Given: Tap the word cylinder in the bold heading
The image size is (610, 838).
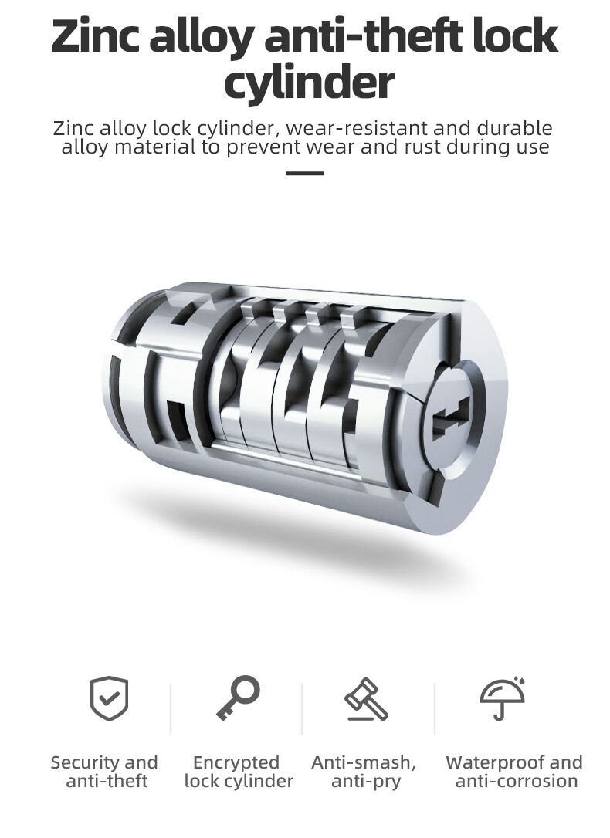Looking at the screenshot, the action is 309,83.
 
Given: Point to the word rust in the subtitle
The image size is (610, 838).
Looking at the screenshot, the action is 422,147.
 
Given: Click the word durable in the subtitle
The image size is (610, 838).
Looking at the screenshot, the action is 514,128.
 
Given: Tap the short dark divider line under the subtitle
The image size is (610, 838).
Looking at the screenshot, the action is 305,173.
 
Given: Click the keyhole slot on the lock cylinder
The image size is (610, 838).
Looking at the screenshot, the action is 451,420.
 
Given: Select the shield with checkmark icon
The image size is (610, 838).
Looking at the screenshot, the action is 109,698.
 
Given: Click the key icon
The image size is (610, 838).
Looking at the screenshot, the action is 238,698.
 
